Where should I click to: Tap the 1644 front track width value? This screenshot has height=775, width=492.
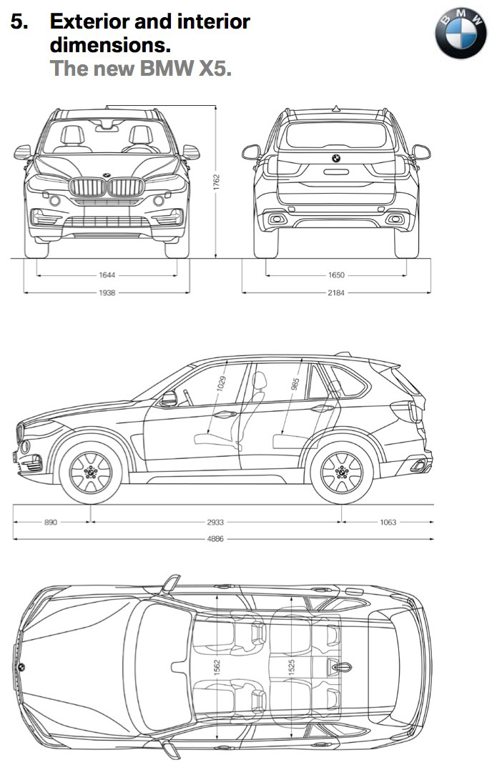(108, 275)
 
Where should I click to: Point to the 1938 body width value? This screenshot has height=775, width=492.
(108, 292)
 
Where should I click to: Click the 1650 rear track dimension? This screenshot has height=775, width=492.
(336, 275)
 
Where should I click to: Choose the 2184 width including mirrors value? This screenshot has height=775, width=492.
(336, 292)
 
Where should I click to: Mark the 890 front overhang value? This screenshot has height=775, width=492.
(51, 522)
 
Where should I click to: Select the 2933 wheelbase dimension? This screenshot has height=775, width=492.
(215, 522)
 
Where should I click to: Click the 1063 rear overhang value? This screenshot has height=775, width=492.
(388, 522)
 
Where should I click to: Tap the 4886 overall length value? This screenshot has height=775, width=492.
(215, 538)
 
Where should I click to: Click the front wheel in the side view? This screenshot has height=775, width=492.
(91, 473)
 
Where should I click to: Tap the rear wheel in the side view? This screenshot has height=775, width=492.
(342, 473)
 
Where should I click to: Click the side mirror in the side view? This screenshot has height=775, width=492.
(169, 399)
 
